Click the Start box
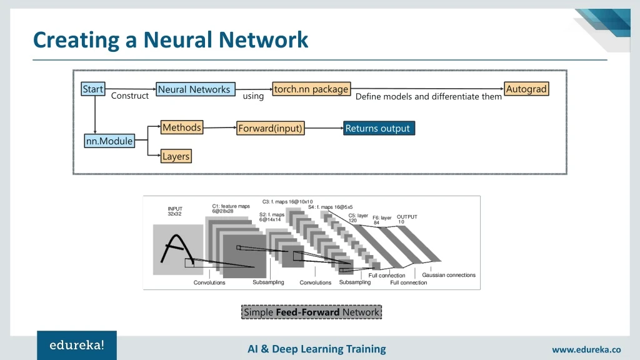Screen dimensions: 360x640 pyautogui.click(x=93, y=89)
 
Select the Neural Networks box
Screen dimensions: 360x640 pyautogui.click(x=194, y=89)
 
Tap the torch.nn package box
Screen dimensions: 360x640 pyautogui.click(x=311, y=89)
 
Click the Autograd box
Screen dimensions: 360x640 pyautogui.click(x=526, y=89)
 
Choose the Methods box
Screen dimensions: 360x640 pyautogui.click(x=182, y=127)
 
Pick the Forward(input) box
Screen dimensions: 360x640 pyautogui.click(x=270, y=128)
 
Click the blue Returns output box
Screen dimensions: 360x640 pyautogui.click(x=378, y=128)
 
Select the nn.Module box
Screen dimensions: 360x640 pyautogui.click(x=109, y=141)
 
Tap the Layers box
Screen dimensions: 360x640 pyautogui.click(x=176, y=156)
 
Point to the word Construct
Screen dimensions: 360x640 pyautogui.click(x=129, y=96)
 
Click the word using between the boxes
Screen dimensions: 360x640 pyautogui.click(x=253, y=96)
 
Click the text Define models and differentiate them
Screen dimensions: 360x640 pyautogui.click(x=428, y=97)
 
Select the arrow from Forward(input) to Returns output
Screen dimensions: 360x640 pyautogui.click(x=323, y=128)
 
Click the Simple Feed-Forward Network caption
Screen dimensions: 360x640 pyautogui.click(x=311, y=312)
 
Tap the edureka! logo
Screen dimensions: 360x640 pyautogui.click(x=77, y=345)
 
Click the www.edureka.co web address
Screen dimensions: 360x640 pyautogui.click(x=586, y=350)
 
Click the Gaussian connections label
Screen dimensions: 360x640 pyautogui.click(x=448, y=275)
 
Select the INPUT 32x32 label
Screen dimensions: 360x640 pyautogui.click(x=175, y=211)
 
